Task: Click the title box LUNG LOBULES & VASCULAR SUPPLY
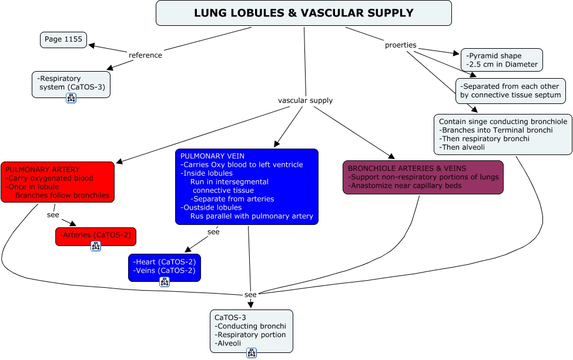click(303, 13)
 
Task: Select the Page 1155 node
click(63, 40)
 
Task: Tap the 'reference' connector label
click(145, 55)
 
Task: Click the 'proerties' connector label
click(401, 45)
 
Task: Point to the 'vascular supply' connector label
click(305, 100)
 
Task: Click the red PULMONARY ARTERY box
click(58, 182)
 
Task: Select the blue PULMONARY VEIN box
click(247, 186)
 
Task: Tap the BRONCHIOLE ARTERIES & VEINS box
click(423, 177)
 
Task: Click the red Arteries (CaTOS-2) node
click(96, 237)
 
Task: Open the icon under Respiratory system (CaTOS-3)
click(71, 98)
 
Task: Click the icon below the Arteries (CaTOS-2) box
click(96, 246)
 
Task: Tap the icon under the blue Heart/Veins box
click(165, 282)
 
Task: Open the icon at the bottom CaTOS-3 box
click(252, 353)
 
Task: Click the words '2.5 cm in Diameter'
click(502, 65)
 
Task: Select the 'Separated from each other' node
click(510, 90)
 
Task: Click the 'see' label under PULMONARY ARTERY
click(53, 214)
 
